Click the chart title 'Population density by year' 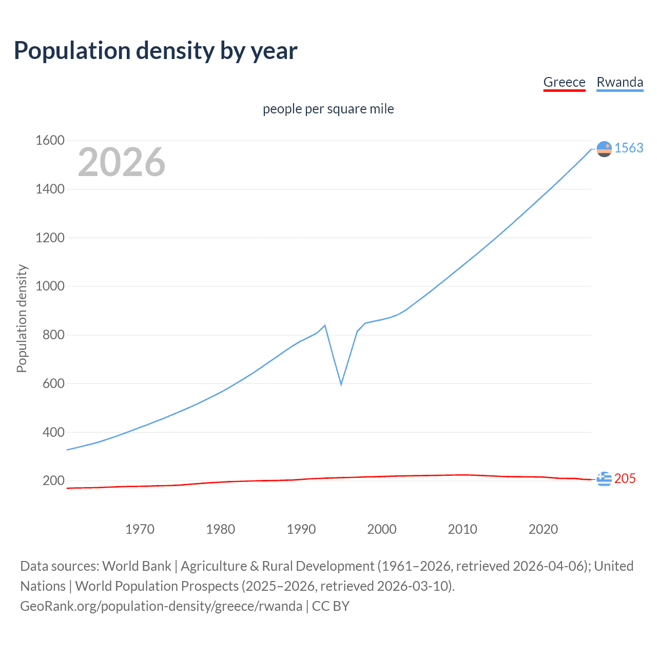(x=156, y=51)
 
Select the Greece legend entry (x=564, y=82)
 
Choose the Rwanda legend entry (x=620, y=82)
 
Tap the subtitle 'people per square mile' (x=328, y=109)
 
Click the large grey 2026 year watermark (x=122, y=162)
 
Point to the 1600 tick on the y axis (x=50, y=140)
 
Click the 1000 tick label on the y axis (x=50, y=286)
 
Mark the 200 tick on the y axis (x=53, y=480)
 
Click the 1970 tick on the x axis (x=140, y=529)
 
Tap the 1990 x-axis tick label (x=301, y=529)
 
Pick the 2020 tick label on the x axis (x=543, y=529)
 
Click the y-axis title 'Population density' (x=22, y=318)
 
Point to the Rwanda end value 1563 (x=629, y=148)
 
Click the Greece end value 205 (x=625, y=478)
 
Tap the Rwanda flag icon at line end (x=604, y=149)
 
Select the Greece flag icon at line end (x=604, y=479)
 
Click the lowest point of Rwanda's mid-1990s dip (x=341, y=384)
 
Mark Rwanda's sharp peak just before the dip (x=325, y=325)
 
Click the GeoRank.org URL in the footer (x=161, y=606)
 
